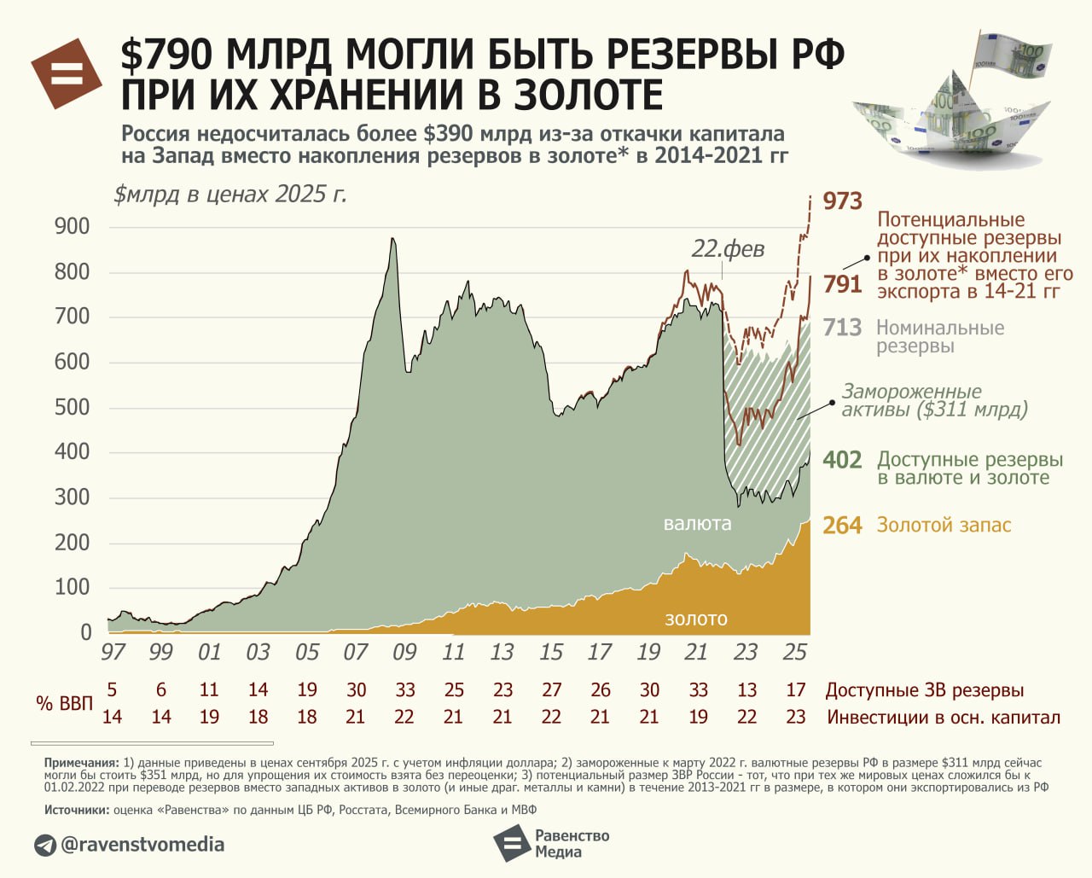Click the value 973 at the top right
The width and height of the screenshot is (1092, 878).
[842, 201]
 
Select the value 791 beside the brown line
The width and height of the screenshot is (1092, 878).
[842, 283]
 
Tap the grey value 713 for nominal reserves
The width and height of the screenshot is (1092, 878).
[842, 328]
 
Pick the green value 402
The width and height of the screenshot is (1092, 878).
[842, 460]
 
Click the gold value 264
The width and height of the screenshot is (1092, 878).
[842, 526]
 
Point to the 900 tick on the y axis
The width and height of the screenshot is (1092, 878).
[72, 226]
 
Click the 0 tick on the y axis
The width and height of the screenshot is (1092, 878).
[85, 632]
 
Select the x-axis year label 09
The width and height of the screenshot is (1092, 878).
[404, 653]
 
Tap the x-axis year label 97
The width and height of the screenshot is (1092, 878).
[113, 653]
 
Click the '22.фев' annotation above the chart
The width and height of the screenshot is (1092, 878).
[727, 249]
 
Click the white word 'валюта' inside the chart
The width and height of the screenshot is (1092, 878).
[697, 524]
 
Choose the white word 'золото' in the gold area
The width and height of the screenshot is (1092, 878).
[696, 619]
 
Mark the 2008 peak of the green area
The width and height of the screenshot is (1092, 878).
[392, 241]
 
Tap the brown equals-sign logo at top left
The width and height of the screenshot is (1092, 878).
[67, 74]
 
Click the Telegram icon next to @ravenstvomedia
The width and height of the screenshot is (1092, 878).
[45, 846]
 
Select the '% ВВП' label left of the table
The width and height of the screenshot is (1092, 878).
[64, 704]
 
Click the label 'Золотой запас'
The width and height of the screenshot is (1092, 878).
[944, 526]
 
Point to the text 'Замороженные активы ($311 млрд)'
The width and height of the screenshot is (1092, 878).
[934, 400]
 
